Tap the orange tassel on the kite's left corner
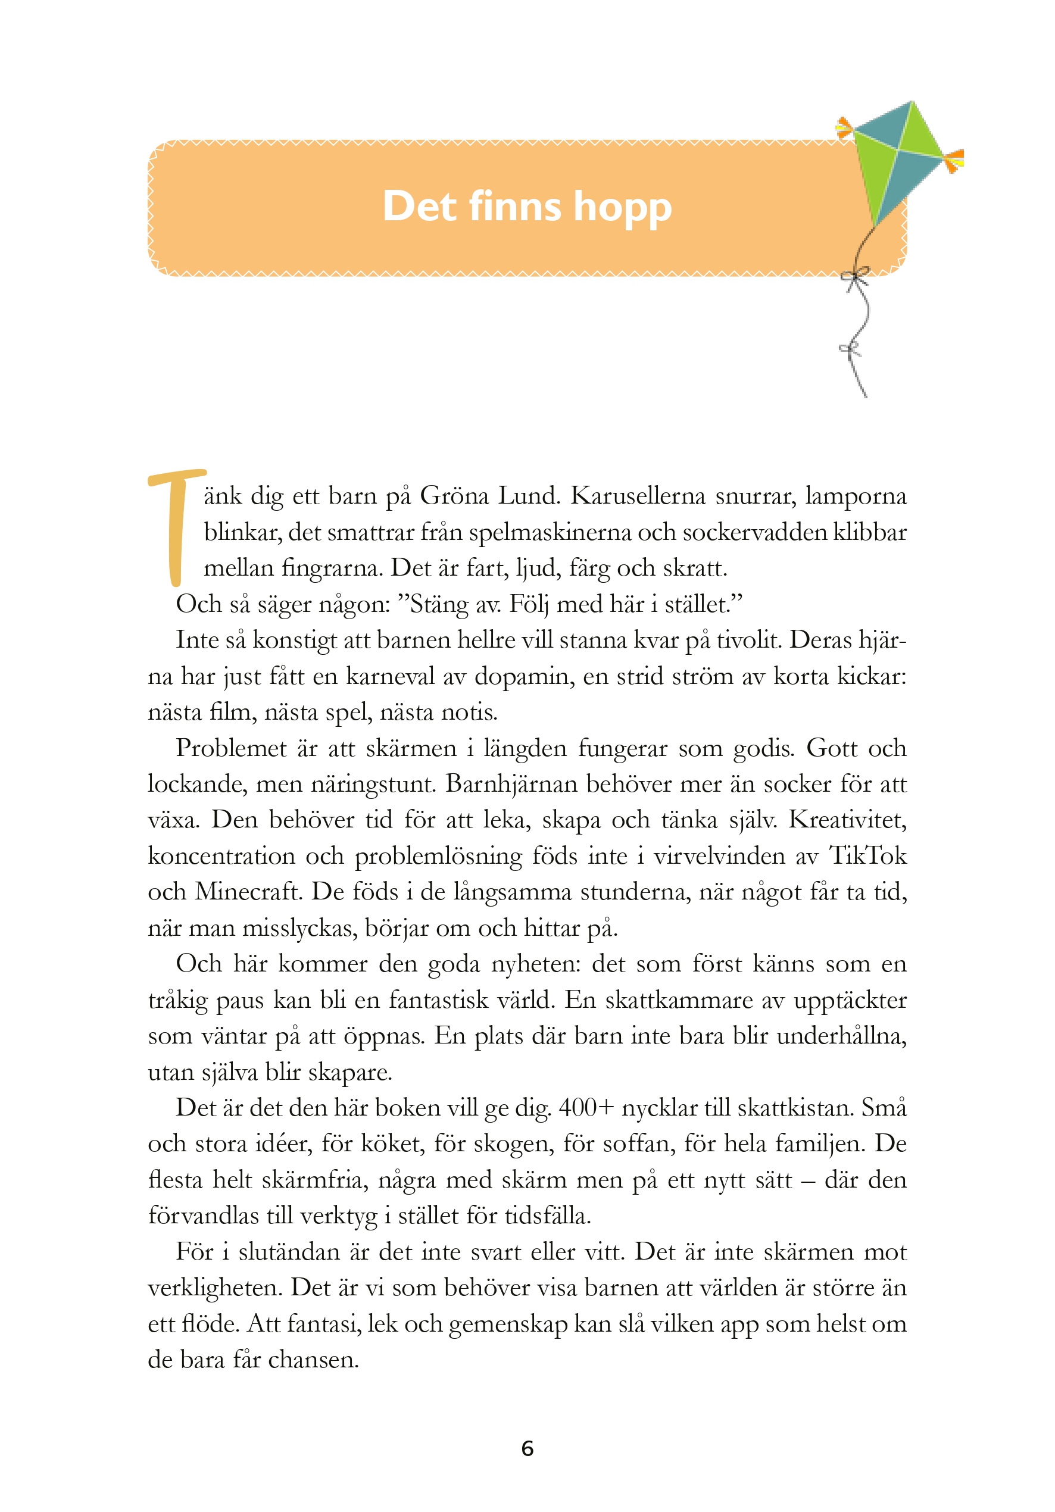click(x=844, y=127)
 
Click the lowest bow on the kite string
click(x=850, y=348)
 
